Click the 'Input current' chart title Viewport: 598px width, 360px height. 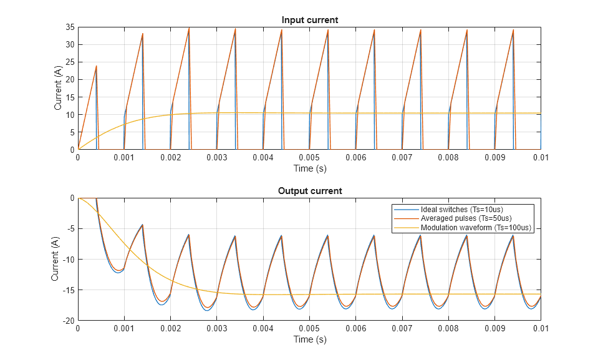click(x=309, y=20)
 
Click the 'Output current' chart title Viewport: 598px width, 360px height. click(x=309, y=191)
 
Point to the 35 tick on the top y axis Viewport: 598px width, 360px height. click(x=70, y=27)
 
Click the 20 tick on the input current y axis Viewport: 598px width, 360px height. click(x=70, y=80)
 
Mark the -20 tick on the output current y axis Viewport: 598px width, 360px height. click(x=68, y=321)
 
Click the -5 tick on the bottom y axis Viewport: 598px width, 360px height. click(x=70, y=229)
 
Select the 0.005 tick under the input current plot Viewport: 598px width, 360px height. click(x=309, y=158)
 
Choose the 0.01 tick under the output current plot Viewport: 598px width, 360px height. click(x=540, y=329)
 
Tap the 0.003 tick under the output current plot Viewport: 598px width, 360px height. click(x=216, y=329)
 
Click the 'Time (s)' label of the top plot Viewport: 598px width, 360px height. click(x=309, y=168)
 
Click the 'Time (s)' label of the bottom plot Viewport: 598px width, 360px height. click(x=309, y=339)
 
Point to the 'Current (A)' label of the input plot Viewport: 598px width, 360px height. click(x=58, y=89)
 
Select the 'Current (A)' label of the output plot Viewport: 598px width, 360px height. click(x=55, y=260)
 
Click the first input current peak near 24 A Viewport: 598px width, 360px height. click(x=96, y=66)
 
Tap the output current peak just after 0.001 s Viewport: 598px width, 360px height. click(x=143, y=225)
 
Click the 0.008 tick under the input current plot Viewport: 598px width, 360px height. click(x=448, y=158)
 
